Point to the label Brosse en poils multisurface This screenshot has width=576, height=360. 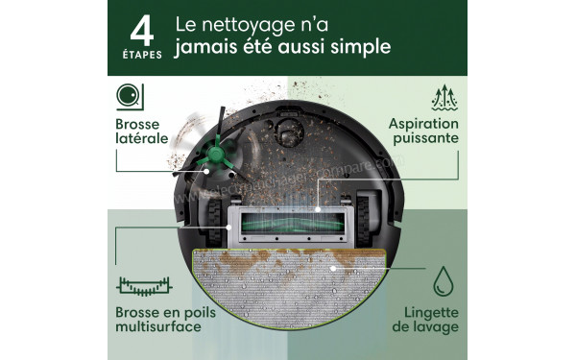coord(158,320)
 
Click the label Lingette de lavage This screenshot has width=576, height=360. coord(426,320)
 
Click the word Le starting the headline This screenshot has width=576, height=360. coord(189,23)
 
